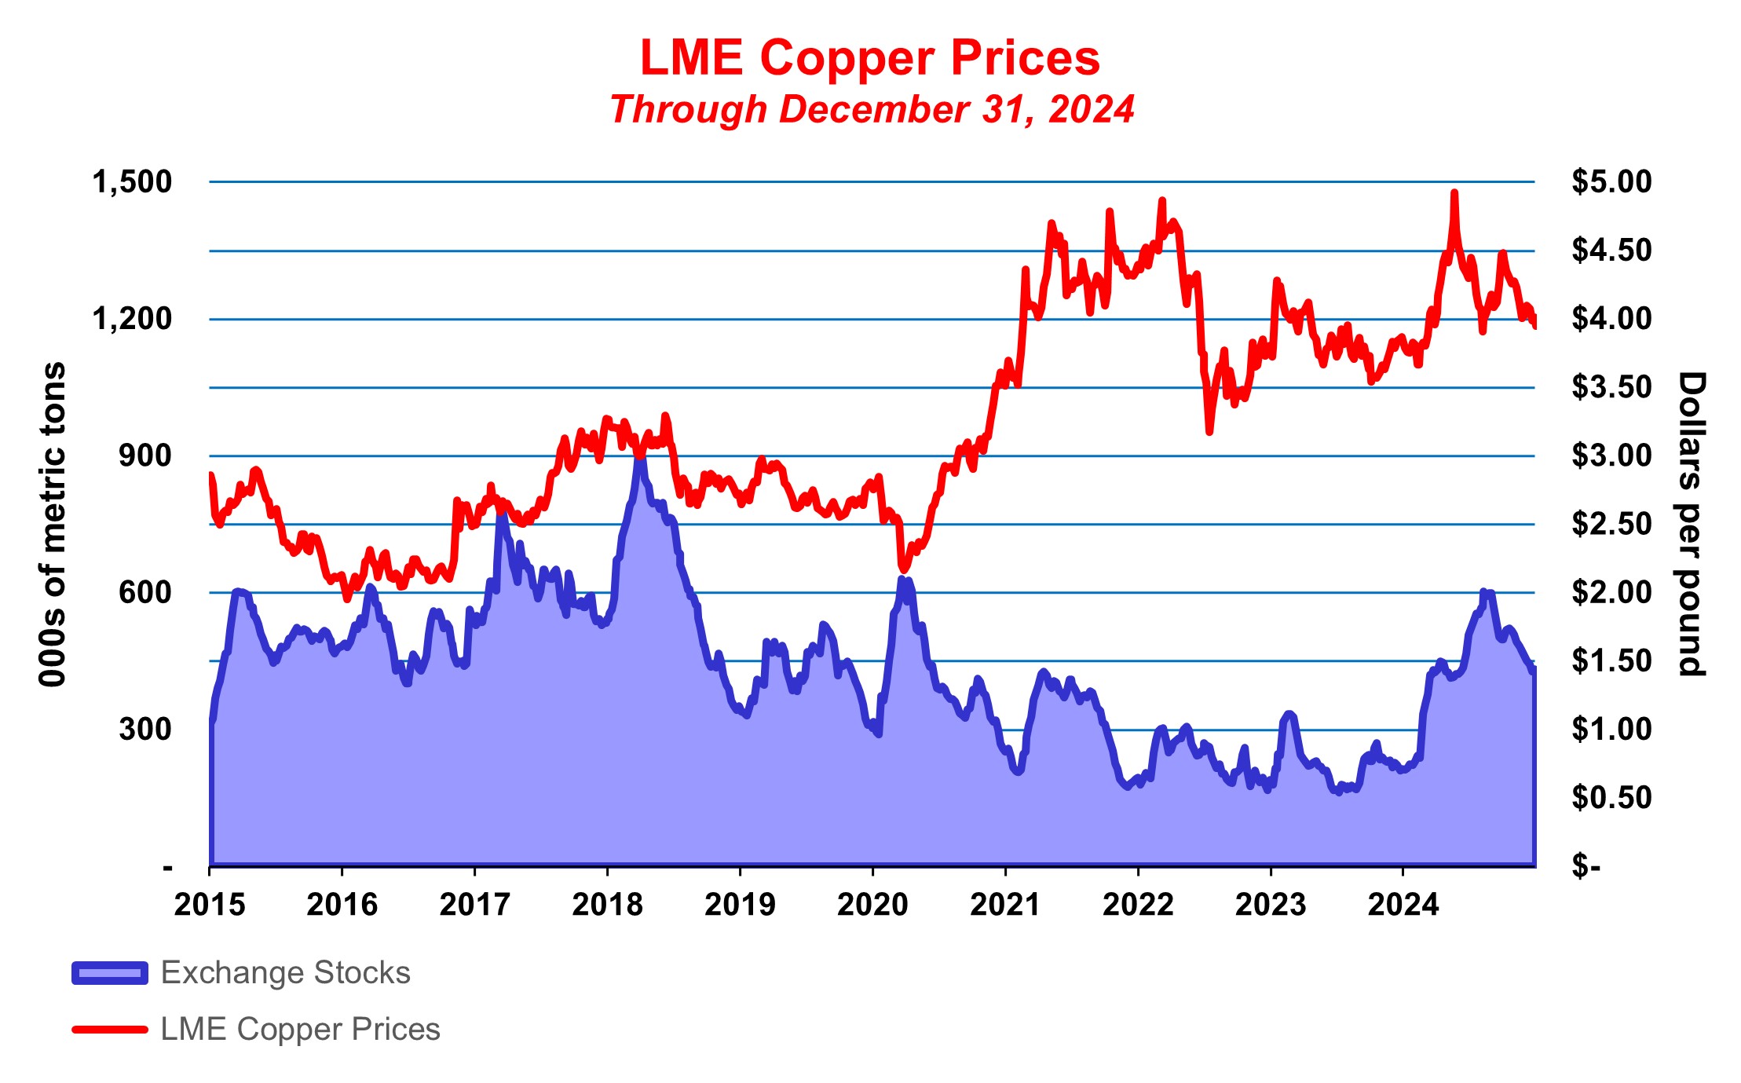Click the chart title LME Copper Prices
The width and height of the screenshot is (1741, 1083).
(x=870, y=58)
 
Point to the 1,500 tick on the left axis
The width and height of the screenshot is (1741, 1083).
(x=132, y=182)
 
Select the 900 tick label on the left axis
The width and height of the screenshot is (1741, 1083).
(x=145, y=456)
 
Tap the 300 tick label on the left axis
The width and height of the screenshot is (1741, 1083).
(x=145, y=729)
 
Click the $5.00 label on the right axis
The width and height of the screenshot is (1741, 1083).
(x=1611, y=182)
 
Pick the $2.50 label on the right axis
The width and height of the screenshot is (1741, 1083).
(x=1611, y=524)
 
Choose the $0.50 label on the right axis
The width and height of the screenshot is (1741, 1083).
(x=1611, y=798)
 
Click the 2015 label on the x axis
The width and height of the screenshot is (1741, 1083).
(x=210, y=905)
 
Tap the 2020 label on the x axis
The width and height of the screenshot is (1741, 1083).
(x=872, y=905)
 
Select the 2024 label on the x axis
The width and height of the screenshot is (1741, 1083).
(x=1403, y=905)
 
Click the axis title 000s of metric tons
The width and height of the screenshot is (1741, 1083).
(x=53, y=524)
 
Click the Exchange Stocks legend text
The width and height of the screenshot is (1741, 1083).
(x=285, y=973)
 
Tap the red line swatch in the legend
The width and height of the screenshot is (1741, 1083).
(x=110, y=1030)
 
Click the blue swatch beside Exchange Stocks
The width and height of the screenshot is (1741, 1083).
(x=110, y=973)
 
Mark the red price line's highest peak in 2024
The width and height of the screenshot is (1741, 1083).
(x=1454, y=192)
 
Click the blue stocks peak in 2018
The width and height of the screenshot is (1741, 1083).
(x=640, y=456)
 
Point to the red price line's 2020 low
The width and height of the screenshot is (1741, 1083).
(x=903, y=569)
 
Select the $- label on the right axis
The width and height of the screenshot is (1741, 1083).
(x=1586, y=866)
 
